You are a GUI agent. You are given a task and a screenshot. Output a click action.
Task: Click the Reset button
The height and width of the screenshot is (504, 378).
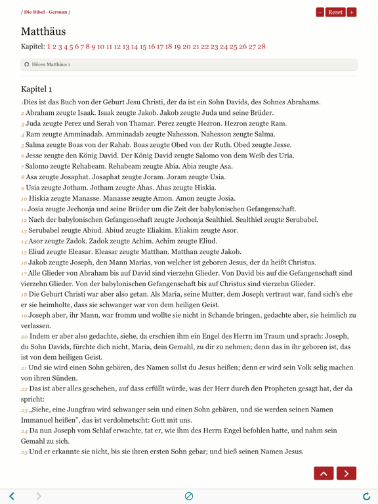335,12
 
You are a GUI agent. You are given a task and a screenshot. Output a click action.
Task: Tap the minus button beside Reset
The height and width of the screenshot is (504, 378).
320,12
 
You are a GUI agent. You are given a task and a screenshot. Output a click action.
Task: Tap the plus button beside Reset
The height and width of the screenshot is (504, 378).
352,12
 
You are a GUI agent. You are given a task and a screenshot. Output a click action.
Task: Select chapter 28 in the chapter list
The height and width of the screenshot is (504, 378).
261,47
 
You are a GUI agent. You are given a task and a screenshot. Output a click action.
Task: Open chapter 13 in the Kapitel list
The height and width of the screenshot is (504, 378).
125,47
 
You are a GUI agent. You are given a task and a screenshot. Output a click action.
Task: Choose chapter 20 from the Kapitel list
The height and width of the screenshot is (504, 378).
186,47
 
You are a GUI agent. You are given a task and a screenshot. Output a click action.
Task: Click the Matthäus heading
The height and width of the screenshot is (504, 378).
43,31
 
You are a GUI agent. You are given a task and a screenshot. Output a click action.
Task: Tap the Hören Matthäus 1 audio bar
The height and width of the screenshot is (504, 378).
189,64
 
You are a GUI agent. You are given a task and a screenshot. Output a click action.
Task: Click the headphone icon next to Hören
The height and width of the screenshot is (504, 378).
27,64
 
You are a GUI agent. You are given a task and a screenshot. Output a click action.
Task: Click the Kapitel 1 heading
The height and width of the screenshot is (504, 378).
36,89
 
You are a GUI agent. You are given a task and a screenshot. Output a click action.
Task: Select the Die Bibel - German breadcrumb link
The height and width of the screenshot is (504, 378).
46,12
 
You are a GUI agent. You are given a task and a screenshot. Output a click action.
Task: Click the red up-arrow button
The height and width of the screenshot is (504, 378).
324,472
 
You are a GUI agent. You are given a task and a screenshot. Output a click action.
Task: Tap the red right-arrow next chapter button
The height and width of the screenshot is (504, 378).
346,472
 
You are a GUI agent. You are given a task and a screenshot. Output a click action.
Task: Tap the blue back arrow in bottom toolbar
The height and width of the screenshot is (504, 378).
12,496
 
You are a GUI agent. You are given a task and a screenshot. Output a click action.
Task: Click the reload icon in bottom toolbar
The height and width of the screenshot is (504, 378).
366,496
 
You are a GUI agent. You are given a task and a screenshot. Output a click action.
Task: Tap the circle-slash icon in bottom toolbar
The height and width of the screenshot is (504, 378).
189,496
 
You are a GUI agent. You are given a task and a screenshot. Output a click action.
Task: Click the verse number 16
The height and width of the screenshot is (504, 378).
24,262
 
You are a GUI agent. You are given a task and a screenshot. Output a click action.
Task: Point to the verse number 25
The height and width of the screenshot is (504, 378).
24,452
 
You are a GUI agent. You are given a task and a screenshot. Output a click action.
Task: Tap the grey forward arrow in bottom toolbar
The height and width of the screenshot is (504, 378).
39,496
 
